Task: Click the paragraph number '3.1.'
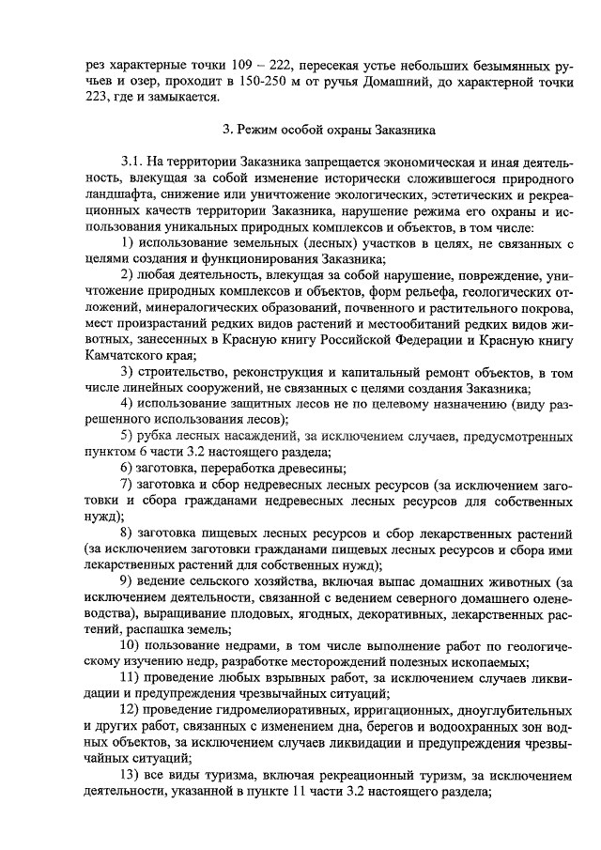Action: tap(136, 161)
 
